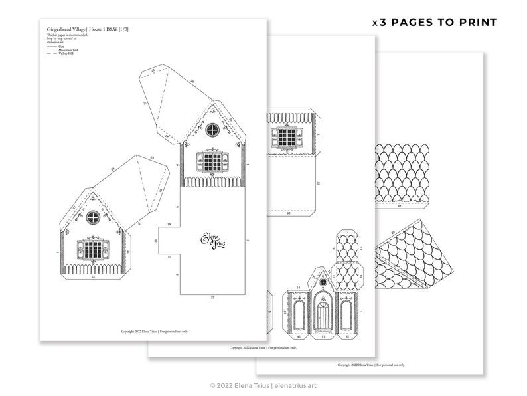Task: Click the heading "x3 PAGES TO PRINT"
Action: [434, 22]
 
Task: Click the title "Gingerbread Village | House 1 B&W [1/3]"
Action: [88, 30]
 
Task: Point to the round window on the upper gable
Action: [212, 129]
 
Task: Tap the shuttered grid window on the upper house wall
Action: [212, 161]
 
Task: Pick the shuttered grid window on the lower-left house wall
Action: [93, 248]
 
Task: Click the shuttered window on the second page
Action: [287, 138]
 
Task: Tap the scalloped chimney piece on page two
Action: [347, 259]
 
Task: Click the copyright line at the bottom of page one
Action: [154, 331]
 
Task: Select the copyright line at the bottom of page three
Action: [371, 365]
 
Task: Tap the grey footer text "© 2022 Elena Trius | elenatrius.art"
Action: [263, 385]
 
